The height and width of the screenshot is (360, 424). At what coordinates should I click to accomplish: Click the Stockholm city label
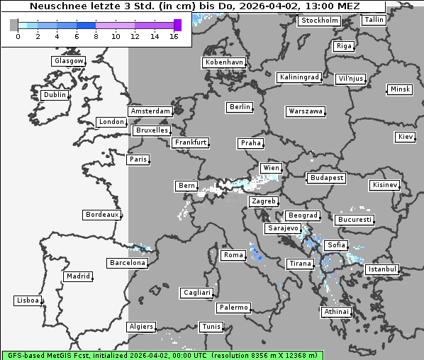319,21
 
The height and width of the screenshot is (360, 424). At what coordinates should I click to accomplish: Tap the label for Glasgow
69,61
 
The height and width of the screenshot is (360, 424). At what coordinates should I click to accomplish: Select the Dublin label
55,95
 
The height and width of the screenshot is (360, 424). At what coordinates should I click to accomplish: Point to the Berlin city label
240,107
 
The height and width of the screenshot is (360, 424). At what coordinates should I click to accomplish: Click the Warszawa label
306,111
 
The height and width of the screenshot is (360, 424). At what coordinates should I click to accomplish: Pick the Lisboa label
28,300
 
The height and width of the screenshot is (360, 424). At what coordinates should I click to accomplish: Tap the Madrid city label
77,276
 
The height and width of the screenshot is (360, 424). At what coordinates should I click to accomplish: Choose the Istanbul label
382,270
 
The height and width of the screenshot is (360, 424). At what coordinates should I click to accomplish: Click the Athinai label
336,312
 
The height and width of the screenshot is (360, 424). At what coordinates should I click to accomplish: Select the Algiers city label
140,327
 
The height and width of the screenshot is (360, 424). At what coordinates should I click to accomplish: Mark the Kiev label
406,136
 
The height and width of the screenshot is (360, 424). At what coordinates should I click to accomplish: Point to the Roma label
233,255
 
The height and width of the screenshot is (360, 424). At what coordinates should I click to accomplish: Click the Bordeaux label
101,215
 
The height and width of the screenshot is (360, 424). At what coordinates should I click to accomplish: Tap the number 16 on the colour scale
174,36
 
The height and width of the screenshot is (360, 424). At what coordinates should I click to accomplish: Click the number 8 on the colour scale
96,36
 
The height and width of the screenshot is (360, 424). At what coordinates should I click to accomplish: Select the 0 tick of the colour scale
18,36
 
